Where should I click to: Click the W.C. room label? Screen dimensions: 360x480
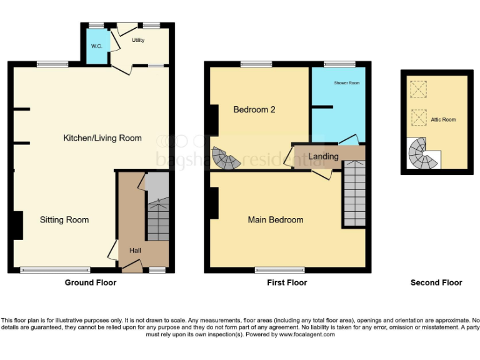pos(96,46)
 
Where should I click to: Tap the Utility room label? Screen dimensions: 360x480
pos(138,40)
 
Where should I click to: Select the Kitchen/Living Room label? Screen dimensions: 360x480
pos(102,138)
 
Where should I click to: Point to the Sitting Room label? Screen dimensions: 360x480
pos(64,220)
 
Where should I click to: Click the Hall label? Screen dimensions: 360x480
pos(135,251)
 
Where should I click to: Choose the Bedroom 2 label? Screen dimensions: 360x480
pos(254,109)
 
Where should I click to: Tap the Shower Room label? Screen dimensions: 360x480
pos(346,82)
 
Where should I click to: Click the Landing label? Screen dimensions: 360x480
pos(324,156)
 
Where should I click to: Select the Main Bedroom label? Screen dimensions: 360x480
pos(276,220)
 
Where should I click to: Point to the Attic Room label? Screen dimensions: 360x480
pos(443,119)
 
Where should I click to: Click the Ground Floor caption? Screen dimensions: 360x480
pos(91,282)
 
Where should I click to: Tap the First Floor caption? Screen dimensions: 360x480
pos(287,282)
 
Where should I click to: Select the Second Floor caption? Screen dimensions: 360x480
pos(436,282)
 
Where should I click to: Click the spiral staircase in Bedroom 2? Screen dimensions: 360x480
pos(225,159)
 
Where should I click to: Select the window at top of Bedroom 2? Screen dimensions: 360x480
pos(256,64)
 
